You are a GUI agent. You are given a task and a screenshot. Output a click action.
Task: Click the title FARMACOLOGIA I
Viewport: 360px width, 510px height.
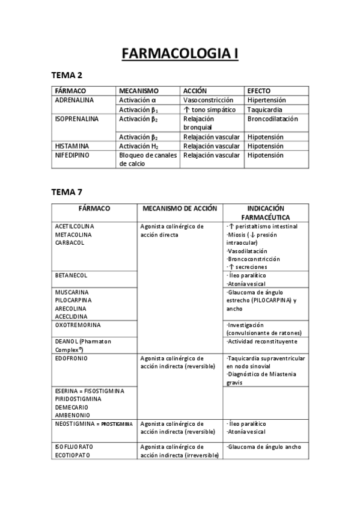click(180, 54)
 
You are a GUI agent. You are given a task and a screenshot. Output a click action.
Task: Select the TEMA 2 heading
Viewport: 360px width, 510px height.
click(67, 75)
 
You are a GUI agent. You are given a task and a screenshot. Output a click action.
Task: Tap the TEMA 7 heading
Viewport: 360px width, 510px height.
click(67, 192)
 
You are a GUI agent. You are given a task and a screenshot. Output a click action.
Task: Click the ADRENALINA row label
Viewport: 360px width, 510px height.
click(74, 100)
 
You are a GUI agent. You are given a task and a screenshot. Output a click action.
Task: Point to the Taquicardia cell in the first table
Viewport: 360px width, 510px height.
click(265, 110)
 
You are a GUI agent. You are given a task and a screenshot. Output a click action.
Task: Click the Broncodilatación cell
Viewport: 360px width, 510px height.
click(272, 119)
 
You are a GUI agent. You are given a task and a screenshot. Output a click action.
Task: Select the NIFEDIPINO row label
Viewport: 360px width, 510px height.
click(73, 155)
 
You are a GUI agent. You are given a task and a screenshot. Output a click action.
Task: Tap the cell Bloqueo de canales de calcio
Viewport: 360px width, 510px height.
click(147, 159)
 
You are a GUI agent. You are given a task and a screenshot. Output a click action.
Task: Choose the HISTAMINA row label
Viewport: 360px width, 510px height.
click(72, 146)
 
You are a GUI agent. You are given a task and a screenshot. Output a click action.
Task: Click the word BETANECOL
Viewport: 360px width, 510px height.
click(71, 275)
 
